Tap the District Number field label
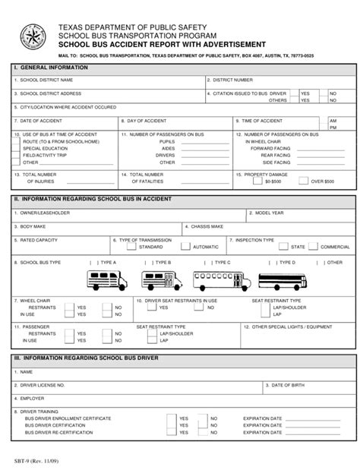232,79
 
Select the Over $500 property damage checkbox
295,182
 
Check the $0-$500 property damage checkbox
259,182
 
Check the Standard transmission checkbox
131,247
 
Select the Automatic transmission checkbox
185,247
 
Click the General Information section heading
51,68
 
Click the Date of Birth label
289,385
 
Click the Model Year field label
270,213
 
